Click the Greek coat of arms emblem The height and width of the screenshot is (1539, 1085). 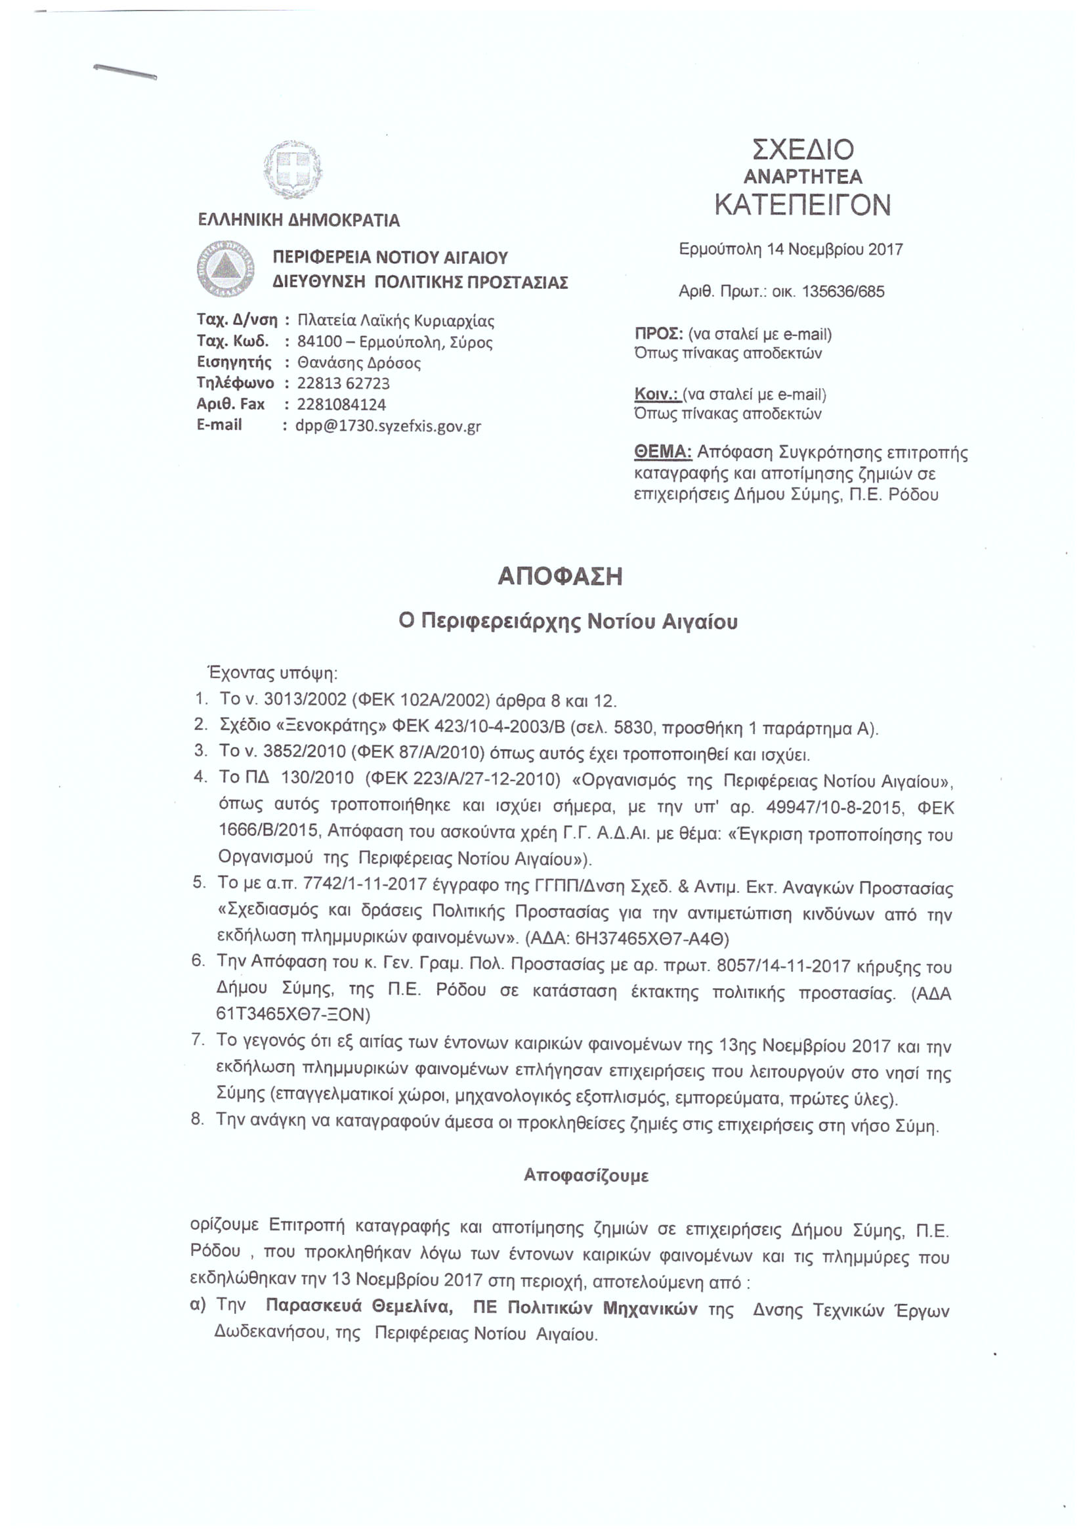pos(291,169)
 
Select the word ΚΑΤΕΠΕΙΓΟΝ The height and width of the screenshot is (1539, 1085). pos(802,206)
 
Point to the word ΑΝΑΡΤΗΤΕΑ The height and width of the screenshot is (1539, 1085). pos(802,177)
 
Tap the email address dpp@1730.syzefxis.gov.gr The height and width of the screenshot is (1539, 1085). pos(388,426)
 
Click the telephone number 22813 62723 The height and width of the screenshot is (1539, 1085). pos(343,384)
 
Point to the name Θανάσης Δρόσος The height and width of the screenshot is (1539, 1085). pos(359,363)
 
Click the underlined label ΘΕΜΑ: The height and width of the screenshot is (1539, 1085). pos(662,453)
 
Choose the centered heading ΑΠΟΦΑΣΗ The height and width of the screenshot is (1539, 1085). pos(560,577)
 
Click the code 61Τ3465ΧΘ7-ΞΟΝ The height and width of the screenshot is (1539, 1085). pos(293,1014)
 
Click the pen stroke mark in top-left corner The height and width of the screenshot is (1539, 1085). pos(125,72)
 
